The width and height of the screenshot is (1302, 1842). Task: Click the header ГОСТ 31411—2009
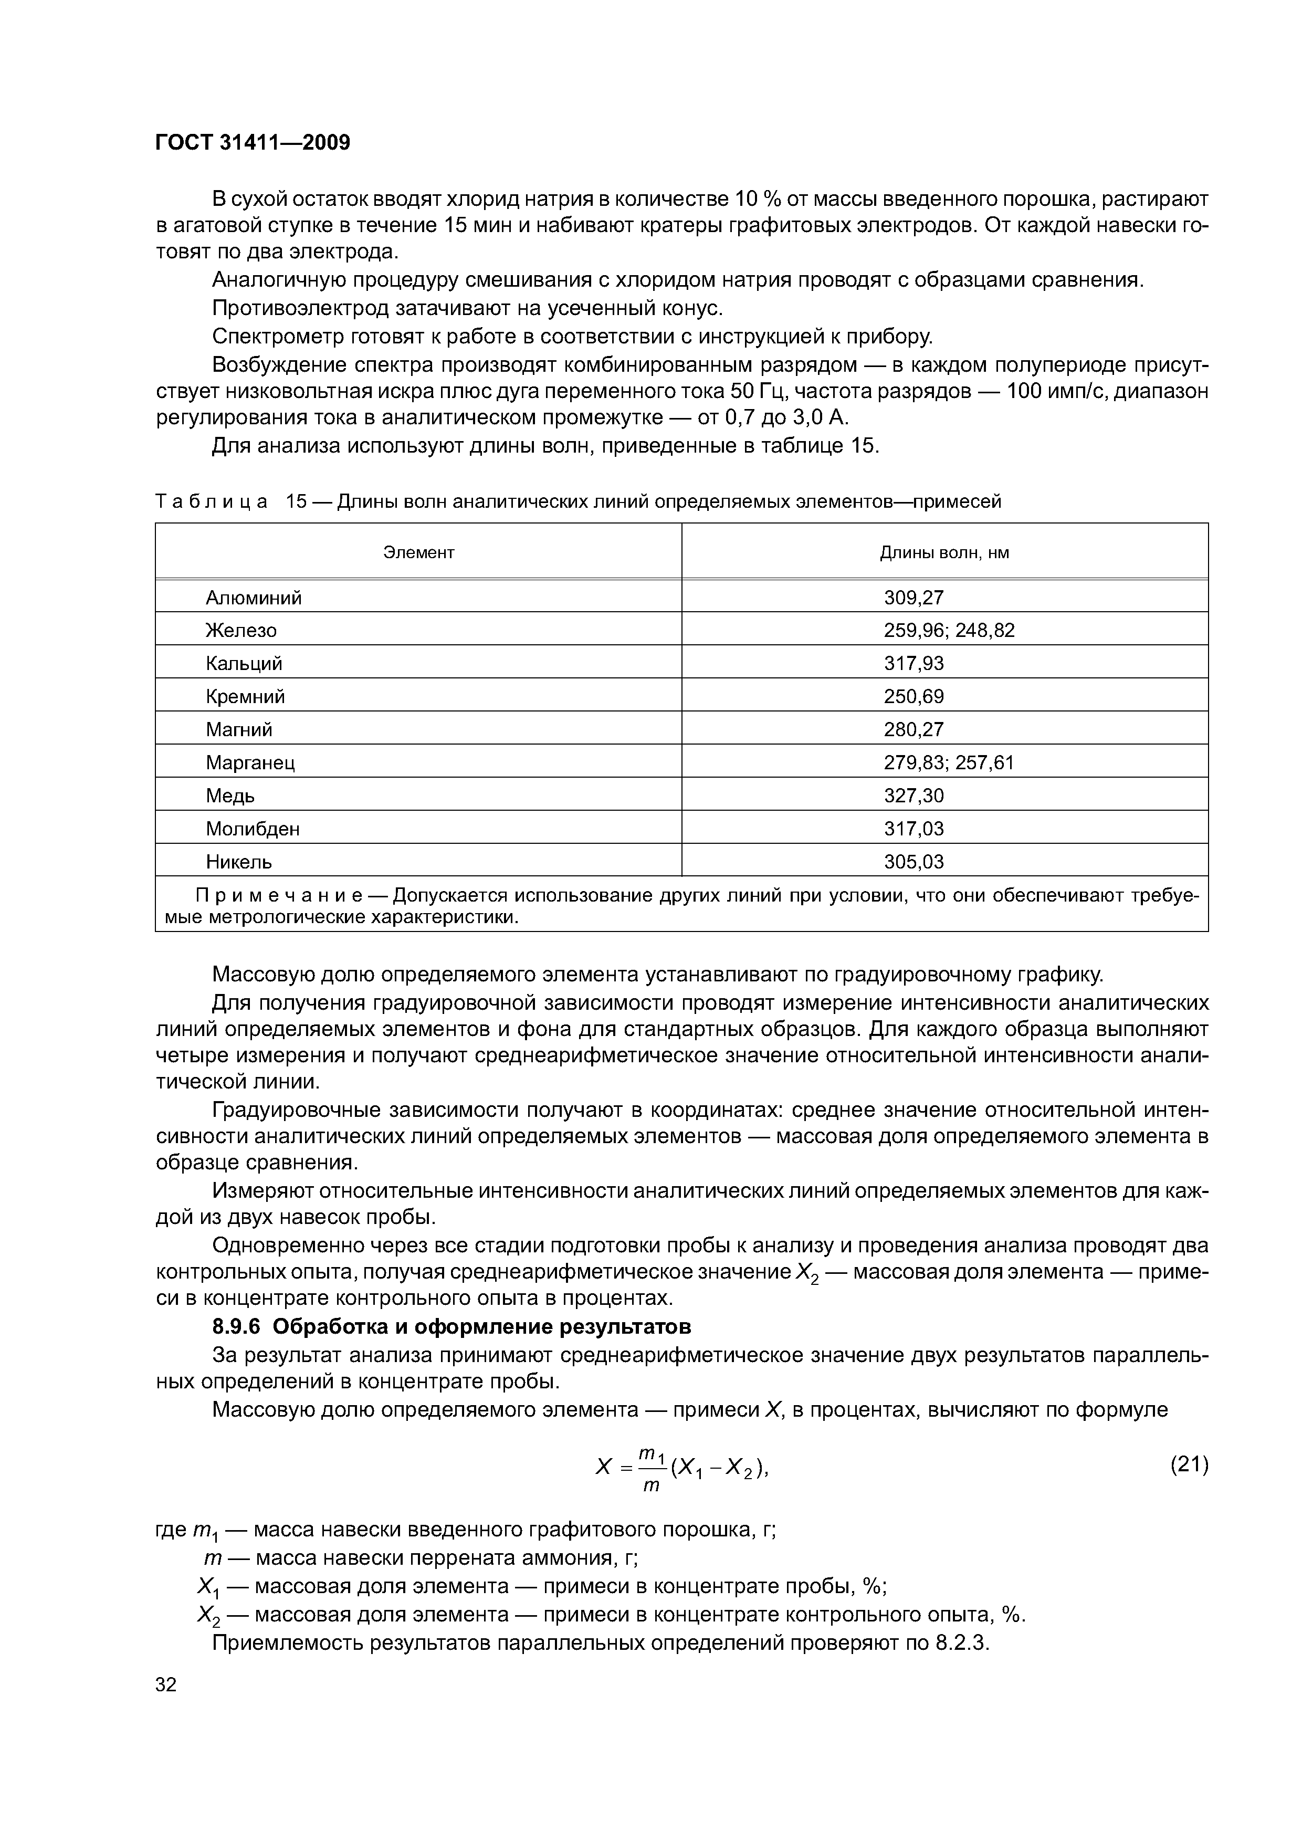[253, 143]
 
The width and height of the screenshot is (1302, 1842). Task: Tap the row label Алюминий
[254, 597]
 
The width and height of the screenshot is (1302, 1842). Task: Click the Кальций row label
[244, 664]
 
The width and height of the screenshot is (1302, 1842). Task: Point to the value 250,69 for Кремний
[913, 696]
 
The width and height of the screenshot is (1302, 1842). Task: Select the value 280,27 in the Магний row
[913, 729]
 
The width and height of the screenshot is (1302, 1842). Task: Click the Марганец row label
[250, 762]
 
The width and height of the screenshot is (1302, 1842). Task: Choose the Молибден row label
[253, 829]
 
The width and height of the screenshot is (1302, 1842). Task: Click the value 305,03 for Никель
[913, 862]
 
